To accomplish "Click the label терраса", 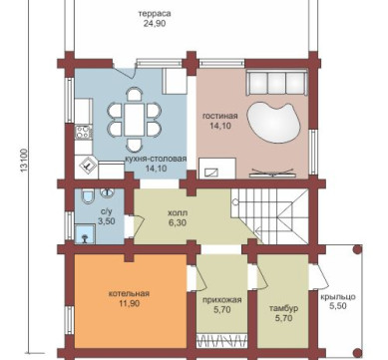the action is coord(155,14).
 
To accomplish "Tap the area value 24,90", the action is coord(155,24).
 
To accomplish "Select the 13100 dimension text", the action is coord(24,161).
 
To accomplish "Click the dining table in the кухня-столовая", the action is coord(135,119).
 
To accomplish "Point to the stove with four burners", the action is coord(83,132).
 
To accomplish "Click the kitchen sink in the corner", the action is coord(86,166).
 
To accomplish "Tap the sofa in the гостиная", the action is coord(276,83).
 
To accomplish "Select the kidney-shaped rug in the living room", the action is coord(273,123).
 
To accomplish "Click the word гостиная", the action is coord(220,116).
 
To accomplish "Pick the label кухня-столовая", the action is coord(156,159).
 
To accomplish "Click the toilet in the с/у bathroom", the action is coord(88,196).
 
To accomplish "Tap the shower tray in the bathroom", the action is coord(85,234).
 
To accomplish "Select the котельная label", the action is coord(129,294).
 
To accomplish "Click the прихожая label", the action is coord(221,300).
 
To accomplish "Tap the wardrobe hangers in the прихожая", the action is coord(222,341).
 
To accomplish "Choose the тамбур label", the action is coord(283,308).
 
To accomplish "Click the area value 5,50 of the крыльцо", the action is coord(338,306).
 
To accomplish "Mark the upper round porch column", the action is coord(357,249).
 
